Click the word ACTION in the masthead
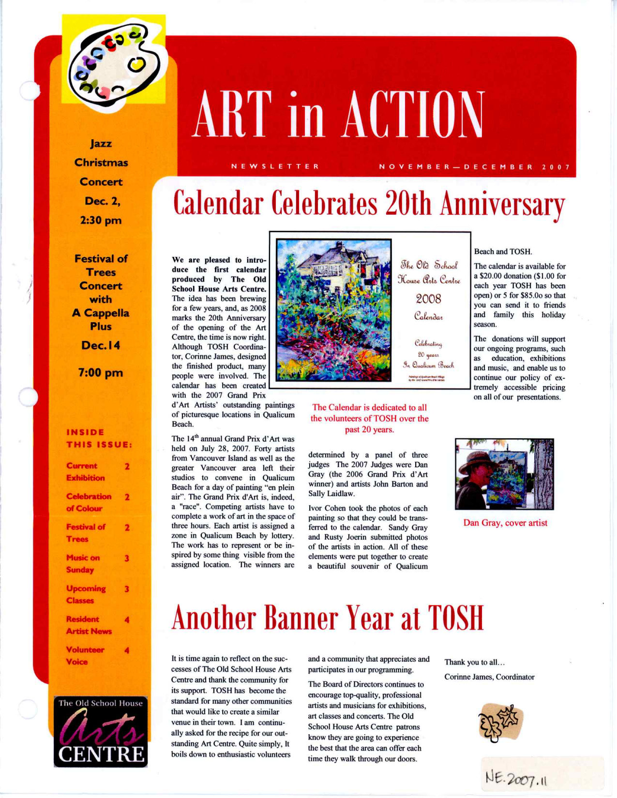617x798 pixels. click(x=413, y=115)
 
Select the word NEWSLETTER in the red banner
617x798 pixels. click(x=275, y=167)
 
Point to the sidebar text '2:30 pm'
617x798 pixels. click(x=101, y=221)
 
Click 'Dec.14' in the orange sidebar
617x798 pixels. click(x=101, y=346)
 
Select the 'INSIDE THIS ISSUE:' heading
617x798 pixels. click(x=99, y=438)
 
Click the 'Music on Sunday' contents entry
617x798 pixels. click(x=83, y=564)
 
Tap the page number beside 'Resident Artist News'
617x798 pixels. click(x=127, y=620)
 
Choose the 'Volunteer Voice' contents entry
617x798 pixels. click(x=85, y=656)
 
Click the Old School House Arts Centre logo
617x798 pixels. click(x=101, y=731)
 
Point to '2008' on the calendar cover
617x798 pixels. click(x=428, y=299)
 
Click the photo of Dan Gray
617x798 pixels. click(x=504, y=474)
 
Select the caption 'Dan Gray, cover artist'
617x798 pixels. click(x=505, y=523)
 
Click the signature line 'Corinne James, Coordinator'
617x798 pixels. click(x=489, y=677)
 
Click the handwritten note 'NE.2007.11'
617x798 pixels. click(x=516, y=779)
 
